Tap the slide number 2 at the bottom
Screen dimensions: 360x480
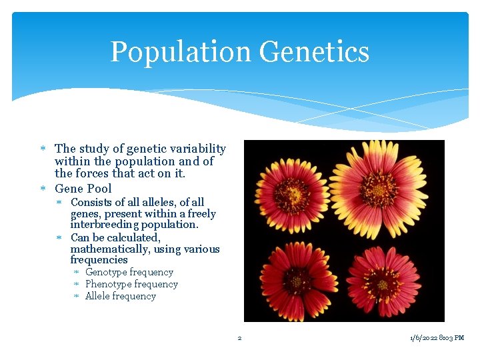click(x=240, y=338)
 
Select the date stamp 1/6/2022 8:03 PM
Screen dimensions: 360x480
click(x=437, y=338)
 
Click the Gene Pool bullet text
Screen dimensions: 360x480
click(x=83, y=189)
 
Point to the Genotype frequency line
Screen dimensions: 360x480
click(x=129, y=272)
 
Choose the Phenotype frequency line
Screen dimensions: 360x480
click(x=131, y=284)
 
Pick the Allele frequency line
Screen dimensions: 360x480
click(x=120, y=296)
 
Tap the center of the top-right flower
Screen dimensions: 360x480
click(x=378, y=189)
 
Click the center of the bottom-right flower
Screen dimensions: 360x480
click(x=383, y=283)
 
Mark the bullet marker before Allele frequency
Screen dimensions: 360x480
click(x=77, y=296)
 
